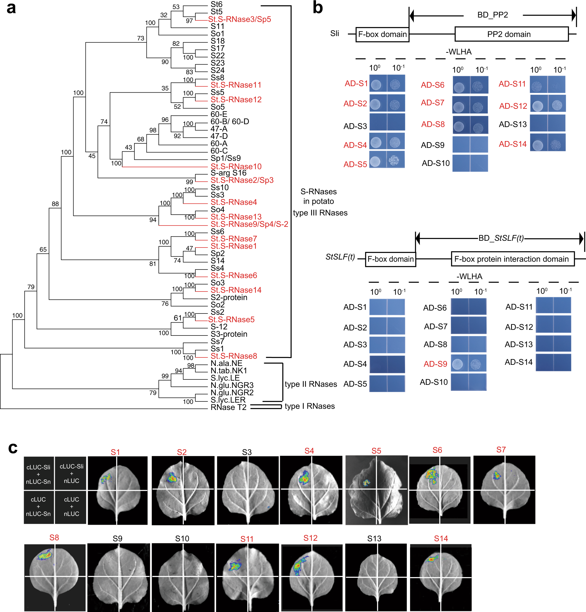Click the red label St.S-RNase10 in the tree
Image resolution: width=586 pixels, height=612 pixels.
pyautogui.click(x=236, y=167)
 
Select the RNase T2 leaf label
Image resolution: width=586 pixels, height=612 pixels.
pyautogui.click(x=228, y=407)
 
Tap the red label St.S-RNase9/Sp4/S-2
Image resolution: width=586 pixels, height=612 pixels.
pyautogui.click(x=249, y=224)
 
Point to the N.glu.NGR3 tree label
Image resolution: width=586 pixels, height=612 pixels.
pyautogui.click(x=232, y=385)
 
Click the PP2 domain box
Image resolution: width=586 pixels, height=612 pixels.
pyautogui.click(x=511, y=34)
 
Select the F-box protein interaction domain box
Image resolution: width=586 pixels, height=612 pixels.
pyautogui.click(x=512, y=259)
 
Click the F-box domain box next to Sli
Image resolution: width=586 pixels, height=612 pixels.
pyautogui.click(x=382, y=34)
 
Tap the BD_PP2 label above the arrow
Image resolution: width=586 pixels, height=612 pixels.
pyautogui.click(x=493, y=15)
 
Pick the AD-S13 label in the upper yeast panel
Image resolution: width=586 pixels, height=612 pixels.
pyautogui.click(x=512, y=124)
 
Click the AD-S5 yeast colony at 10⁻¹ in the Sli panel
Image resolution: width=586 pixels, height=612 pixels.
pyautogui.click(x=394, y=160)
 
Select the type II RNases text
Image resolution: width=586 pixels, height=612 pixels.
pyautogui.click(x=311, y=384)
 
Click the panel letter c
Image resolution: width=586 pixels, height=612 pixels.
pyautogui.click(x=13, y=448)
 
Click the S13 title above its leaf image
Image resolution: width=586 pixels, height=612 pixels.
pyautogui.click(x=374, y=539)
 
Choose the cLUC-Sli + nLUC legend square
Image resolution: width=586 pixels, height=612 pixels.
pyautogui.click(x=71, y=473)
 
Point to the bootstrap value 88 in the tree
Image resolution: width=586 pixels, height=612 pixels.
pyautogui.click(x=55, y=204)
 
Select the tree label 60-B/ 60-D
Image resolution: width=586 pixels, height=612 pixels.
pyautogui.click(x=230, y=121)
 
